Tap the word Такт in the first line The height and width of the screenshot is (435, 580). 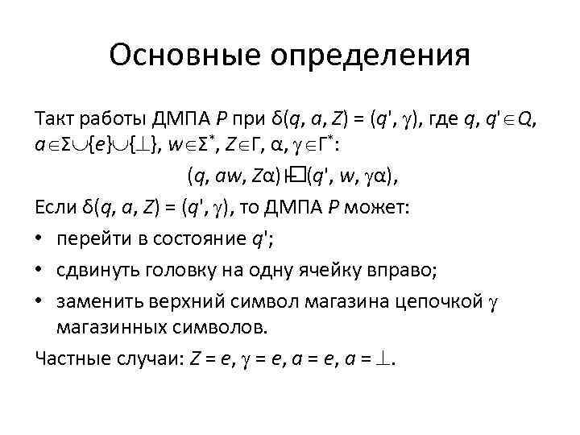[55, 120]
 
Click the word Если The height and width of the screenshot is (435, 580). [56, 209]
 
